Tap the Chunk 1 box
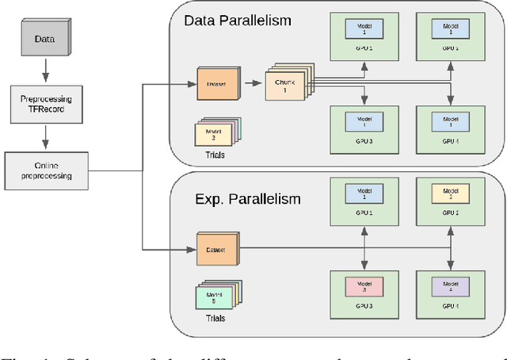point(281,85)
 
